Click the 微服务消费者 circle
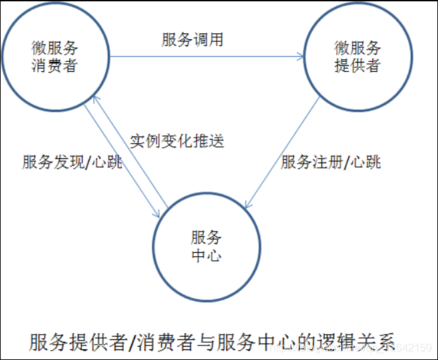tap(55, 57)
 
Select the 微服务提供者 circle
tap(357, 57)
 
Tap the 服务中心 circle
tap(206, 247)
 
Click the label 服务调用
tap(192, 40)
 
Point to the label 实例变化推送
tap(176, 141)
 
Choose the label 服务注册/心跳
tap(331, 162)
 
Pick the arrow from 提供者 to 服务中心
tap(283, 150)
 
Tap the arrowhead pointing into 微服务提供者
tap(301, 57)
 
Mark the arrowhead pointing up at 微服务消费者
tap(96, 99)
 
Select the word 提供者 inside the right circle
tap(357, 67)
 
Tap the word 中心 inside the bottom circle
tap(206, 256)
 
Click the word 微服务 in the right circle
tap(357, 49)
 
